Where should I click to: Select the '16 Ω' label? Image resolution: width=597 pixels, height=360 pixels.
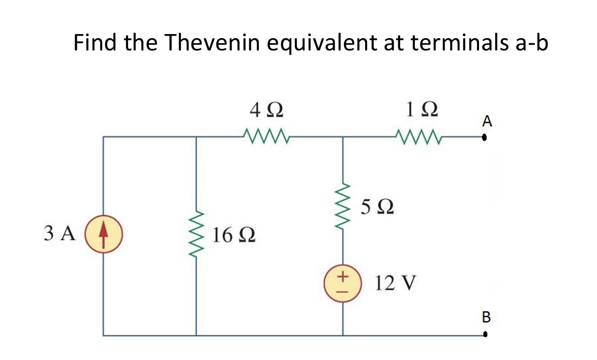[234, 235]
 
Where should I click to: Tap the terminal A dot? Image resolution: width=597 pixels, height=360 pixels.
[486, 137]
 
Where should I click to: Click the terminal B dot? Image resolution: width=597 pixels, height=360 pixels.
[486, 335]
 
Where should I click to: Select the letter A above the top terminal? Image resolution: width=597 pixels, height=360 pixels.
[487, 121]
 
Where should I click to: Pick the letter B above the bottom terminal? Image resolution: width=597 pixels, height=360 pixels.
[486, 318]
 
